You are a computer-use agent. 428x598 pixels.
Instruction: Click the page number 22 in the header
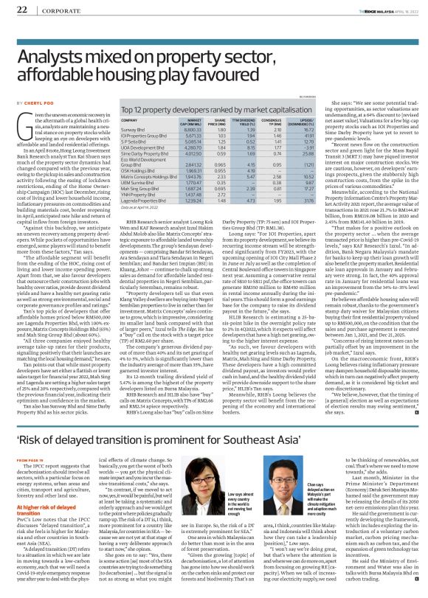click(x=21, y=9)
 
